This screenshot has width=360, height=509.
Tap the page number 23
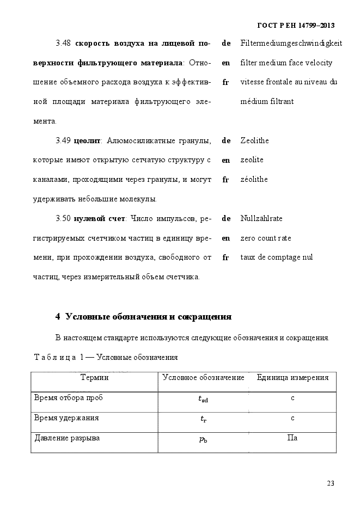tap(331, 483)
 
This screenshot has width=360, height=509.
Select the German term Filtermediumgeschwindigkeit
tap(291, 43)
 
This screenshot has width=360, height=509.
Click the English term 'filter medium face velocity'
tap(286, 63)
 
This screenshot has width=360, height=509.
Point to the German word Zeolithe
tap(254, 140)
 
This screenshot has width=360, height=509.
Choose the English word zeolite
tap(252, 160)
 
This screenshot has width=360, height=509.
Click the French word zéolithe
tap(254, 179)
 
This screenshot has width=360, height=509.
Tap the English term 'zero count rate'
tap(266, 238)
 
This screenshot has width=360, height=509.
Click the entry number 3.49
tap(63, 141)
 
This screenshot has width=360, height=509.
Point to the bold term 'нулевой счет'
tap(99, 219)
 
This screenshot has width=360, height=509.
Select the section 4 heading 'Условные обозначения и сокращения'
tap(143, 317)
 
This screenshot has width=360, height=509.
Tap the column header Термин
tap(94, 377)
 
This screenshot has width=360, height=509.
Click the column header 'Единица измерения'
tap(292, 377)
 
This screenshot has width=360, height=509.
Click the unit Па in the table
tap(292, 438)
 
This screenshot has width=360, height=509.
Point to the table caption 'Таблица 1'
tap(59, 357)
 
